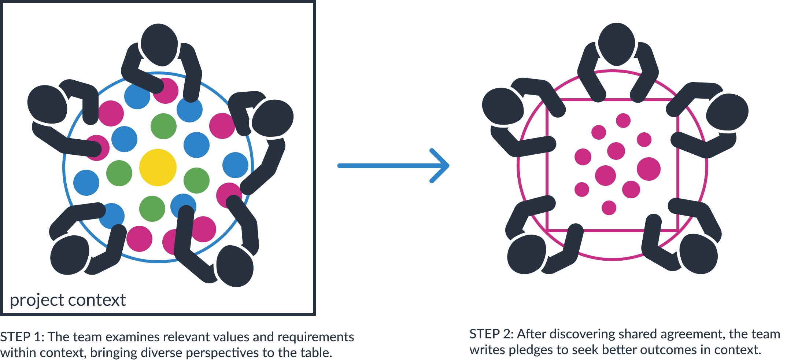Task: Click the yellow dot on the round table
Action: (158, 168)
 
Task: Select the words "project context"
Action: (68, 300)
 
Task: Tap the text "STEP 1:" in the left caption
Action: (22, 337)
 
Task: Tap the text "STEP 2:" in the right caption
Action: (491, 334)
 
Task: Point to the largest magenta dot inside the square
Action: (649, 169)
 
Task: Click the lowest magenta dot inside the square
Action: (609, 208)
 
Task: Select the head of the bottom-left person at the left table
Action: (70, 255)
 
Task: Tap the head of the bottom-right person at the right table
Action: (698, 254)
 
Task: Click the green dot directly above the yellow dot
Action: (163, 126)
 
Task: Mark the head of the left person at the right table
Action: (502, 106)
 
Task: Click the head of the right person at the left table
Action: (273, 118)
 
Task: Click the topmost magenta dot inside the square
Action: (623, 120)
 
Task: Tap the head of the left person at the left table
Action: (47, 104)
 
